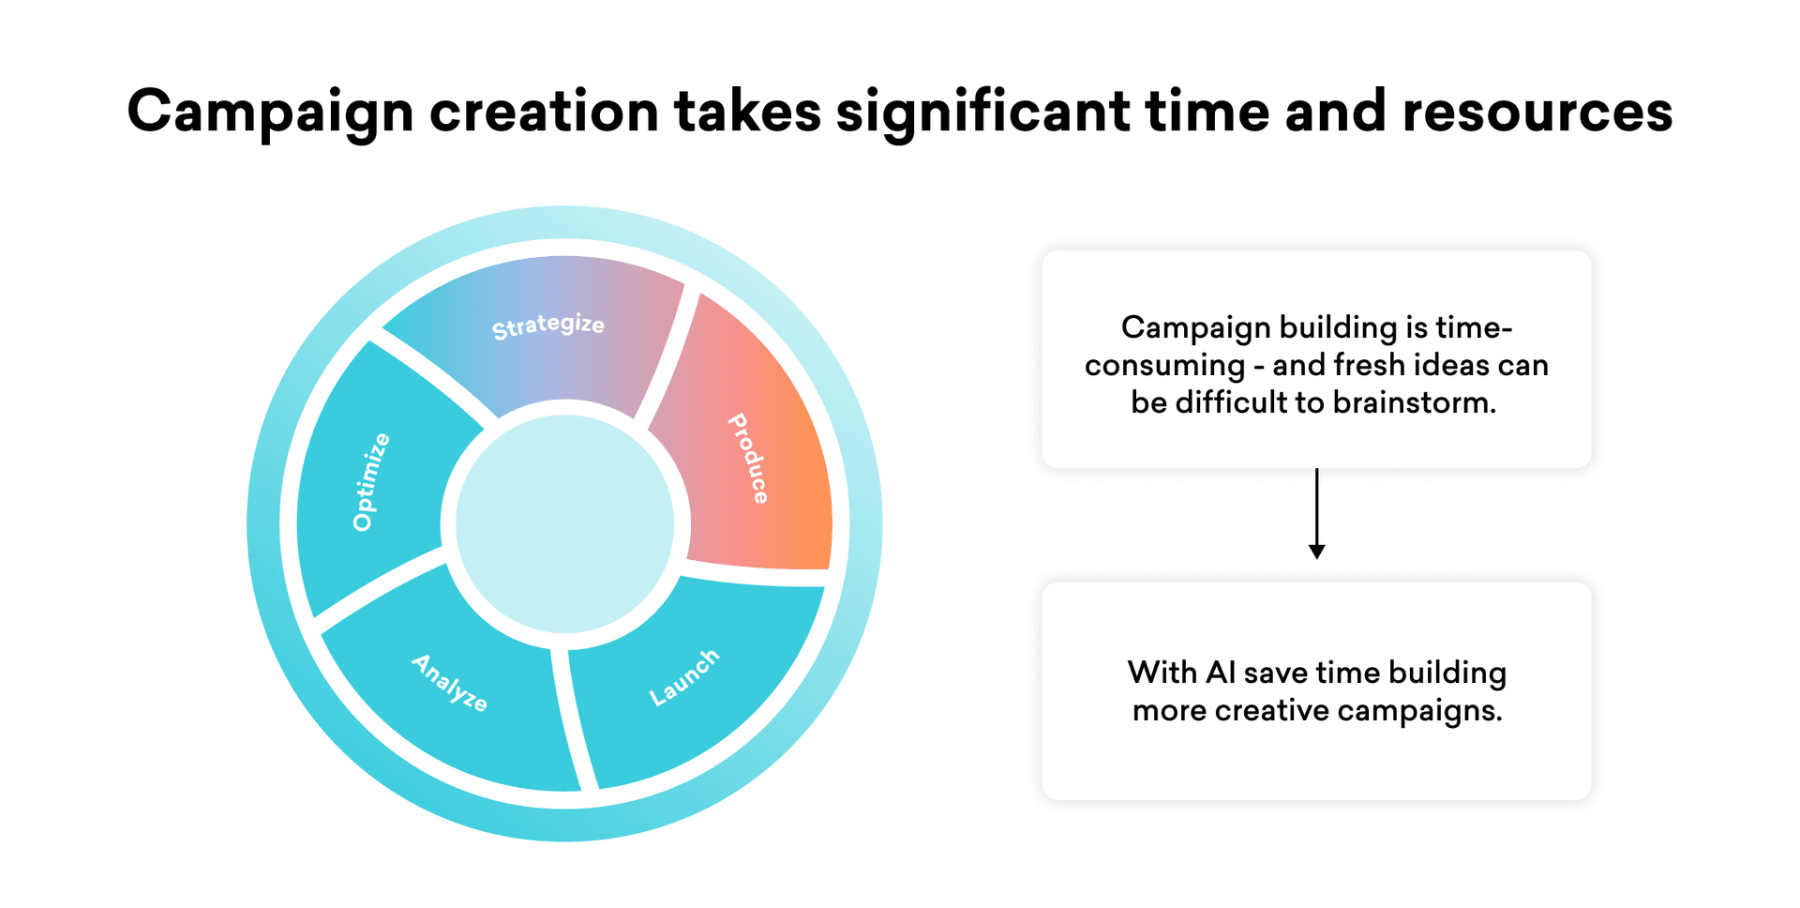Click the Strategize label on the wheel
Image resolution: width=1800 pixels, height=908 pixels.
548,325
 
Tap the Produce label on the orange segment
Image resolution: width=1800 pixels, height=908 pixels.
749,459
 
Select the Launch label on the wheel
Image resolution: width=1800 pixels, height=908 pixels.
684,676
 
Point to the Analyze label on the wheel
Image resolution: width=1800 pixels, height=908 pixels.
450,682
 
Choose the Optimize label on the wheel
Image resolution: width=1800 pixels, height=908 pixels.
370,482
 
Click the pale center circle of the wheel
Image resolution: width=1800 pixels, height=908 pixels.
565,523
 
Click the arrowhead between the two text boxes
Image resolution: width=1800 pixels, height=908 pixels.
1316,552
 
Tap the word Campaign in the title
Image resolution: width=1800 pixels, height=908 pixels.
270,113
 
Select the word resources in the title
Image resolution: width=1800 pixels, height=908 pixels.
1537,112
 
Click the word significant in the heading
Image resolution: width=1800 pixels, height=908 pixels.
982,113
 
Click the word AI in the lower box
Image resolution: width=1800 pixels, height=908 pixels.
1221,673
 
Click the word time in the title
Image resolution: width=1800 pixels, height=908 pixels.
1207,112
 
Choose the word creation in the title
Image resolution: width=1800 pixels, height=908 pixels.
544,112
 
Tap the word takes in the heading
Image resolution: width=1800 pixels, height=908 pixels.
747,112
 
